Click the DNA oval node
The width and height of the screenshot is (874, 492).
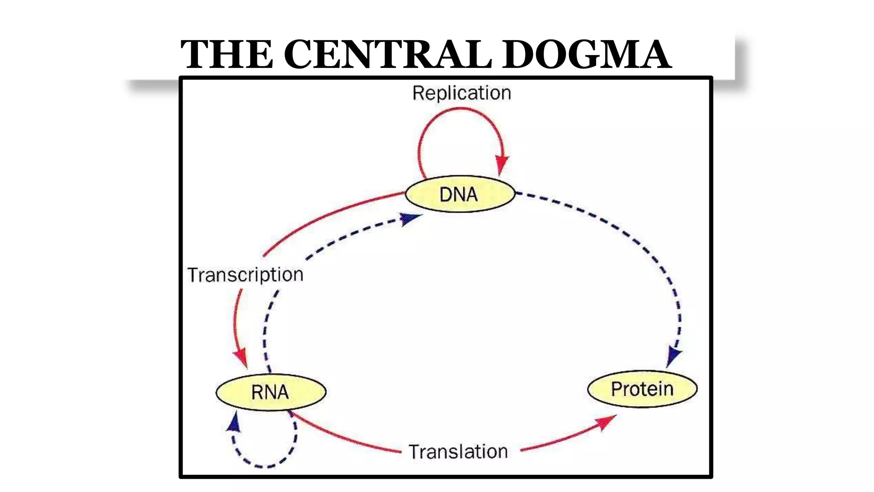460,194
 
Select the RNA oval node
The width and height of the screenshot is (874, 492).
271,392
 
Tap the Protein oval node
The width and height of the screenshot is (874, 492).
642,389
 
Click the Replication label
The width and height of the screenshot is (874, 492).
461,93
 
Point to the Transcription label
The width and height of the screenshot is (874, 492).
245,275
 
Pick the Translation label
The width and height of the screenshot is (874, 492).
458,452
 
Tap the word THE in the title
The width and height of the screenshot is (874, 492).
227,54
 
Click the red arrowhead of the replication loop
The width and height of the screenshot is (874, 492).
502,164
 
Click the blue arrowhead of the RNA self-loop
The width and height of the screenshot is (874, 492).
234,423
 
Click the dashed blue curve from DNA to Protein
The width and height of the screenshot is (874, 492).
632,239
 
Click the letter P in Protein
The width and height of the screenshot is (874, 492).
616,389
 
